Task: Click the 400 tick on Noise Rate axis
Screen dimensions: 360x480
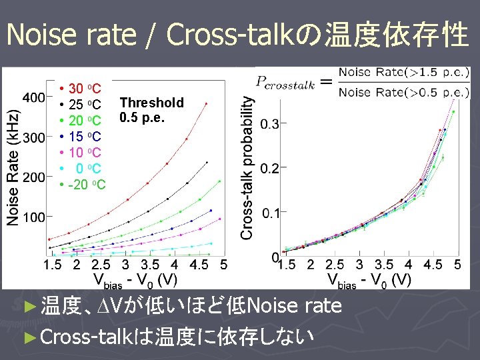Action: tap(34, 98)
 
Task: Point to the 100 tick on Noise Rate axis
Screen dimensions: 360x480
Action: tap(34, 217)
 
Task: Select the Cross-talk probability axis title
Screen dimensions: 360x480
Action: tap(247, 167)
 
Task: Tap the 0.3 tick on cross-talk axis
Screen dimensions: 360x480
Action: tap(269, 124)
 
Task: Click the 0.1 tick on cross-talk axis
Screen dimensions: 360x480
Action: tap(269, 213)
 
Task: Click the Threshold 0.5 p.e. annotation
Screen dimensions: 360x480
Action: tap(151, 110)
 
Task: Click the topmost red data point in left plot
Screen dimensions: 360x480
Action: tap(206, 103)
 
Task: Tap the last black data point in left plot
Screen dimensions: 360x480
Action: tap(207, 162)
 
